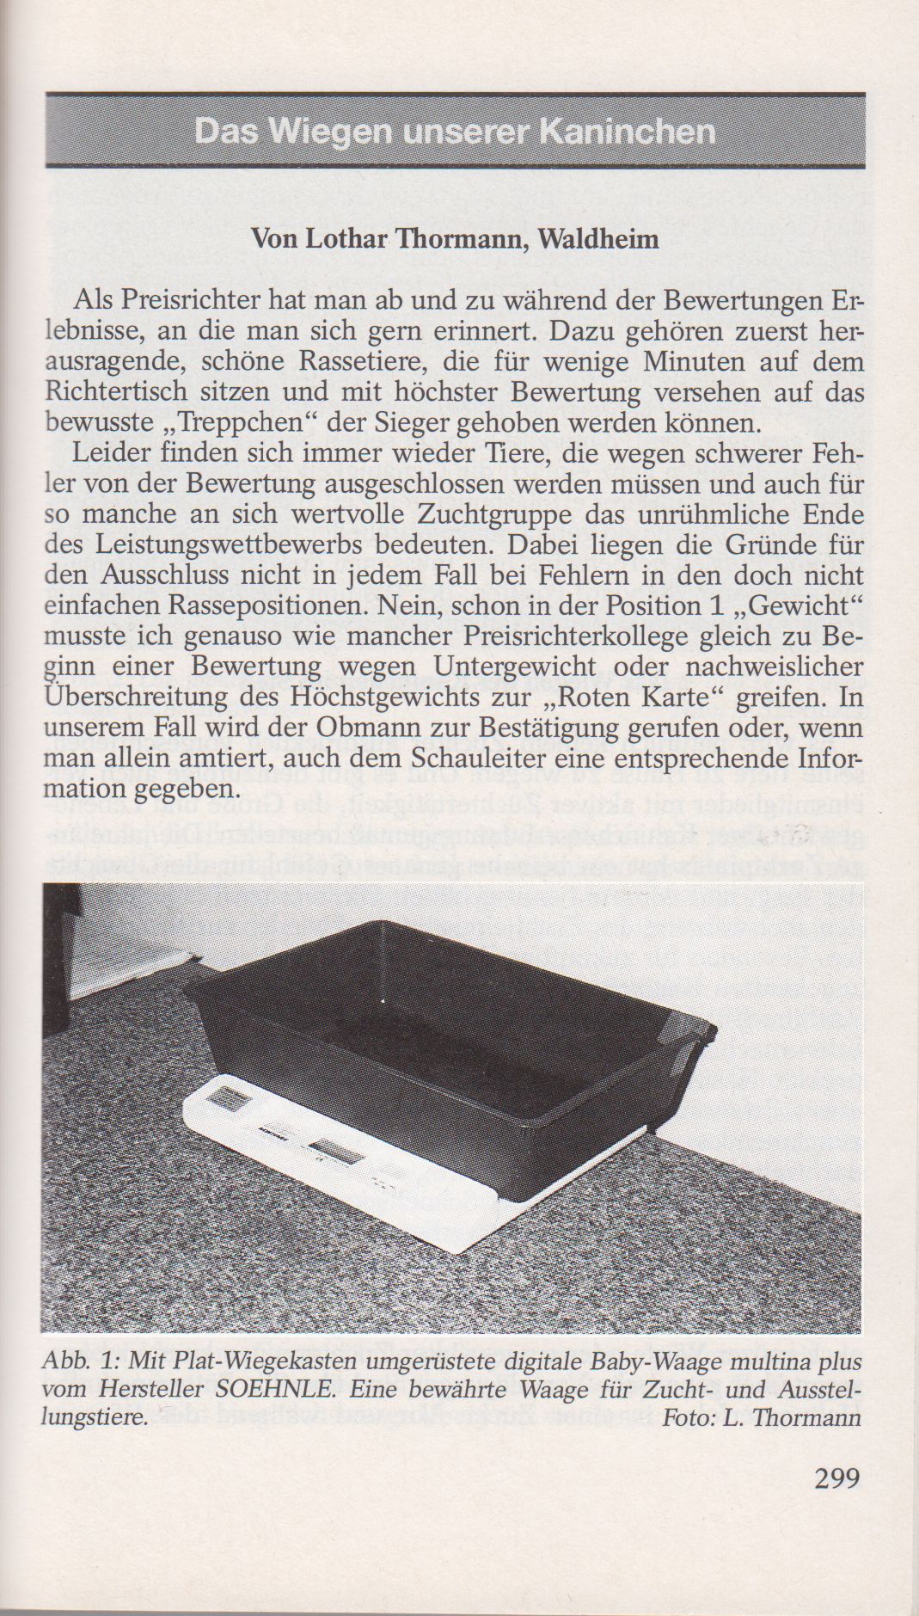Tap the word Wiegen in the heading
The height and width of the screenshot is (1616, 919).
pyautogui.click(x=326, y=132)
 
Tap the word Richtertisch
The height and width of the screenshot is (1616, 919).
pyautogui.click(x=113, y=394)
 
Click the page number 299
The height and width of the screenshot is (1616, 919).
pyautogui.click(x=836, y=1478)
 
